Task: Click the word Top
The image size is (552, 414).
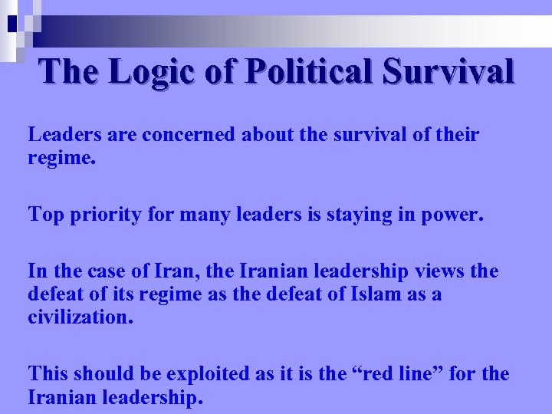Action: (45, 215)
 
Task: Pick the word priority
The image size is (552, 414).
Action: (101, 215)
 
